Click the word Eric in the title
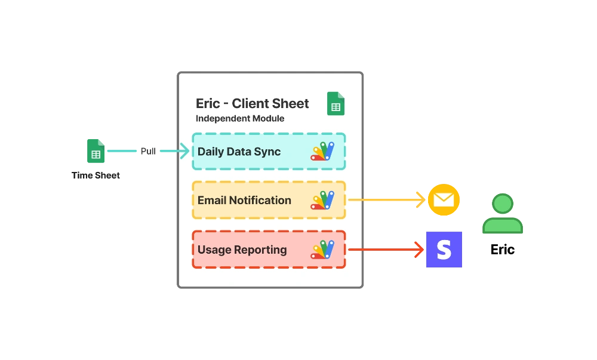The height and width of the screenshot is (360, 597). (x=208, y=103)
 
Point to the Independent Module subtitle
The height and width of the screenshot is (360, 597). (x=240, y=118)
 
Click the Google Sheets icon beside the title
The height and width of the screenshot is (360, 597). (x=336, y=104)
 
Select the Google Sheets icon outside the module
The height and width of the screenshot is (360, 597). (x=96, y=152)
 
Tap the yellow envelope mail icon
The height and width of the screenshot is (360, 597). (x=444, y=200)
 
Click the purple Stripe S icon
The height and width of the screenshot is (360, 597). (x=444, y=249)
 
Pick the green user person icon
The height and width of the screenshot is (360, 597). (x=503, y=213)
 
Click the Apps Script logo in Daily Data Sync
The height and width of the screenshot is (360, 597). (x=323, y=152)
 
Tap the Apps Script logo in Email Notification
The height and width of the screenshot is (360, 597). (x=323, y=200)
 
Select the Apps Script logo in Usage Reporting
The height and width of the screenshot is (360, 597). (x=323, y=250)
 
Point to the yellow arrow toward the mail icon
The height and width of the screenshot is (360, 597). (x=386, y=200)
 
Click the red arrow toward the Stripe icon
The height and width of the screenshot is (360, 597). (x=386, y=250)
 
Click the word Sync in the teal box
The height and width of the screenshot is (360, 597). (x=267, y=152)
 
